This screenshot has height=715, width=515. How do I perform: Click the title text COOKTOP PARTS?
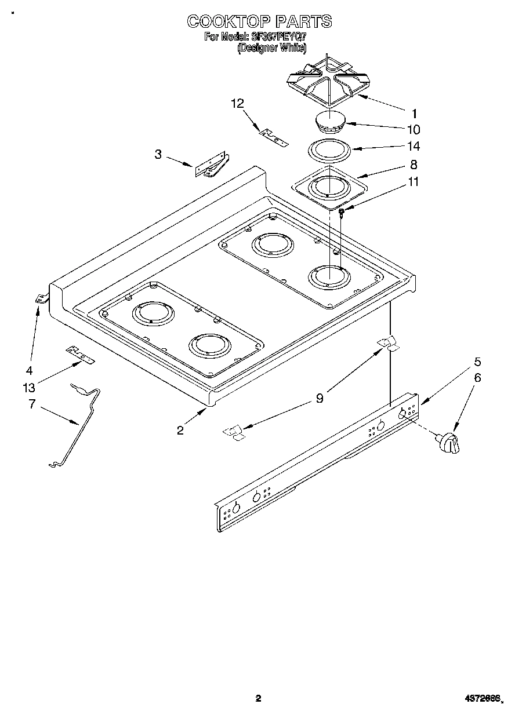point(259,21)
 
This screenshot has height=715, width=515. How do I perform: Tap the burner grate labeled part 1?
point(328,81)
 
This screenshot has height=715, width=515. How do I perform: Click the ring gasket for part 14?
point(329,150)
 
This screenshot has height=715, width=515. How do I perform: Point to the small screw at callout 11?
point(342,213)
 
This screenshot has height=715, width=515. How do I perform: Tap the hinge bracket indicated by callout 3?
point(212,165)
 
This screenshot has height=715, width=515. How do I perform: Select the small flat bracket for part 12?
point(273,137)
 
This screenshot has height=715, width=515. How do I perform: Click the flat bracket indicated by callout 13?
point(79,354)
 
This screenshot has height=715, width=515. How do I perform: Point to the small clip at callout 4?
point(41,299)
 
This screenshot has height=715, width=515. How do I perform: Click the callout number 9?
point(320,398)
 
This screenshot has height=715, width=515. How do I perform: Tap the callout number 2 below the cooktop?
point(180,429)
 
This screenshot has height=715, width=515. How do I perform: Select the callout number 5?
point(477,362)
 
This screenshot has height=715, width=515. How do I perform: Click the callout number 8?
point(414,165)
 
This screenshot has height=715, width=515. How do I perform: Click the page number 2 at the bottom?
point(259,698)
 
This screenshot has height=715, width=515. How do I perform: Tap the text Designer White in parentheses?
point(271,49)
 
